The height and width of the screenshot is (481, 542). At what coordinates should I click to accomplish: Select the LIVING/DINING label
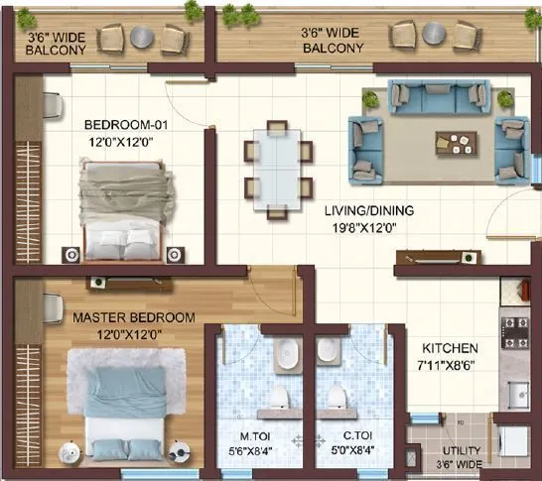tap(368, 211)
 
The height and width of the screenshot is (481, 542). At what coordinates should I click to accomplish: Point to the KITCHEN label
tap(451, 349)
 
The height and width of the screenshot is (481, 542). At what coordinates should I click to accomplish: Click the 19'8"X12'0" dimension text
tap(368, 227)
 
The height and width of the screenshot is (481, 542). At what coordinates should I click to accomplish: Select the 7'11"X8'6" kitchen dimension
tap(451, 364)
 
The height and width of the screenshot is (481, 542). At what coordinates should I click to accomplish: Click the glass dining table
tap(273, 166)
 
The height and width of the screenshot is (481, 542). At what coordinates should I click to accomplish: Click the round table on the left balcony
tap(142, 37)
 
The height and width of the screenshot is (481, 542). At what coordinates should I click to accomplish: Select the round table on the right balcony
tap(433, 33)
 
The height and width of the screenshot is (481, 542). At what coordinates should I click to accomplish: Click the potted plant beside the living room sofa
tap(371, 98)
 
